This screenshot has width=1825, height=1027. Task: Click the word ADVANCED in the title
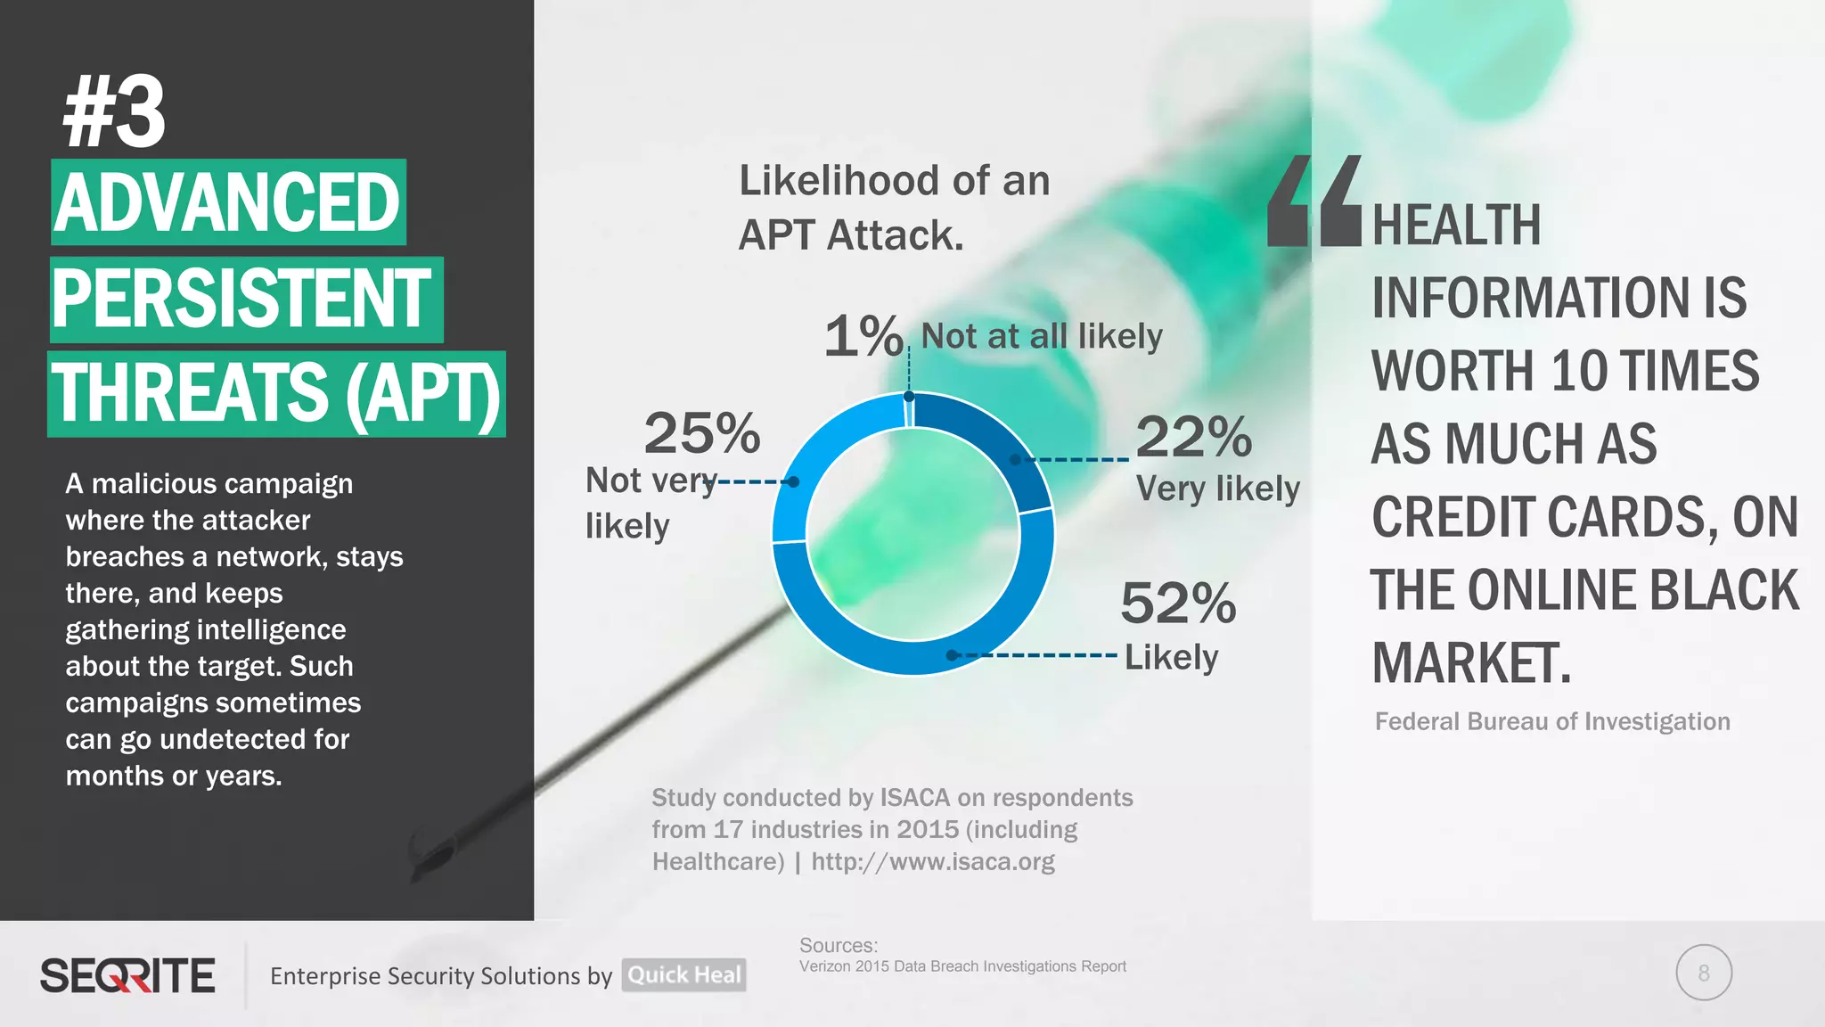228,202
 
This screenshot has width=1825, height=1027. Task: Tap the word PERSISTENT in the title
242,299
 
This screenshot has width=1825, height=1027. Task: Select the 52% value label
1178,604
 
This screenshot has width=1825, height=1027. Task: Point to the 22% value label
1194,437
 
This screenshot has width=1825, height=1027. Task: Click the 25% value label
702,434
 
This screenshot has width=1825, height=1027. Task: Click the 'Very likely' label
1217,489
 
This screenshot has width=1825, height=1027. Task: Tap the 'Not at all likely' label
1041,336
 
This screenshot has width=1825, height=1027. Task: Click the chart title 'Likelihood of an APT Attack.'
894,208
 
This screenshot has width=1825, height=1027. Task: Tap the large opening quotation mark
1314,201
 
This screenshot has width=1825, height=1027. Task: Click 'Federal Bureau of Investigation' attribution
1552,721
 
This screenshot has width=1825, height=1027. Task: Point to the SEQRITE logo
127,975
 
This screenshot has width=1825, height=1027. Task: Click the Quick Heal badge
683,974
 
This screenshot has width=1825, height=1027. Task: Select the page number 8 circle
1703,973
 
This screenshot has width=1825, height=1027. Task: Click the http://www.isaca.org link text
932,861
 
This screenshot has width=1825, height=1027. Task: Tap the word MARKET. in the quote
1471,663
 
